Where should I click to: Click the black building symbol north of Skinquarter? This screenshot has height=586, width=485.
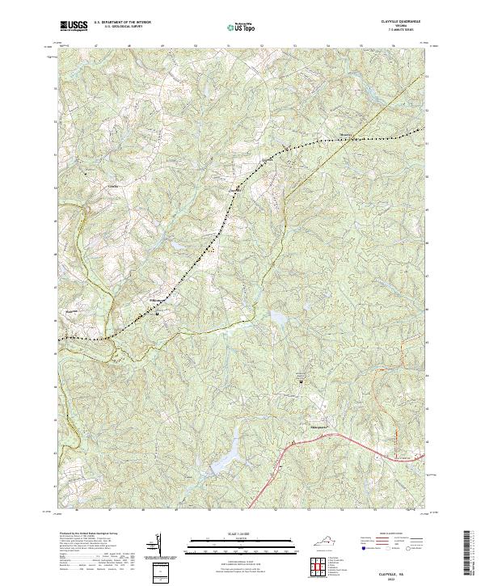click(302, 382)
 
